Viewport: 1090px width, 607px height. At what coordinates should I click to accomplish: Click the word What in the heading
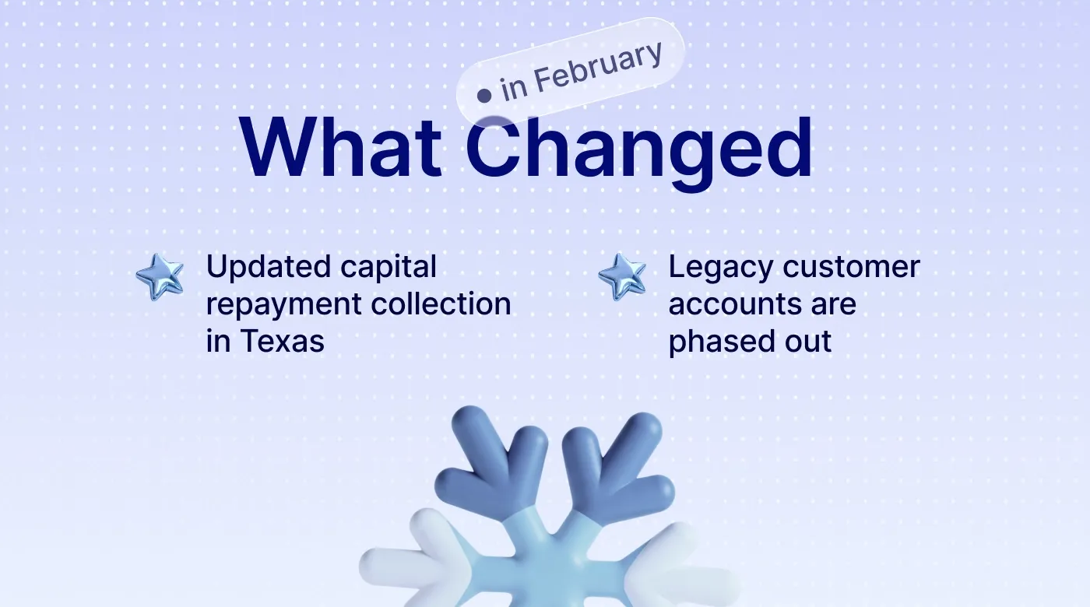341,148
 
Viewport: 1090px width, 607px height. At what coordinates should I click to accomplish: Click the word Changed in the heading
639,149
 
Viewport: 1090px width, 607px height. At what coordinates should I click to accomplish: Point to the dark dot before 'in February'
484,96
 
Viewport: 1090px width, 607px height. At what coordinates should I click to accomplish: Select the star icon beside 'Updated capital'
160,276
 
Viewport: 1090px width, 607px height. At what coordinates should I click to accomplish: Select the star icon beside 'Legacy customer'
622,276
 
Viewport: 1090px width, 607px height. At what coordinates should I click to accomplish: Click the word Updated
258,268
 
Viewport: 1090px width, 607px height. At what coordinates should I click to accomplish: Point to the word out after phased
807,342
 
